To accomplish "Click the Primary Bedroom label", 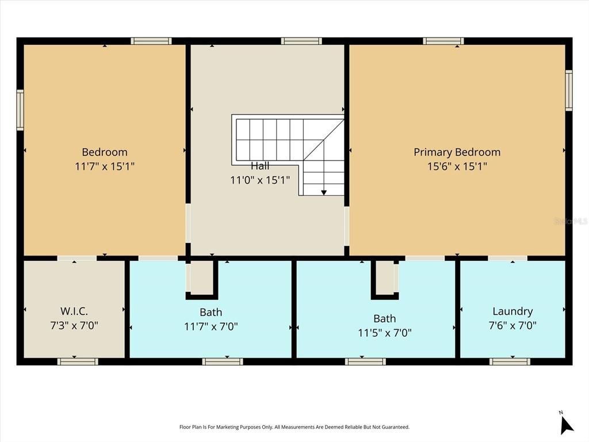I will (457, 152).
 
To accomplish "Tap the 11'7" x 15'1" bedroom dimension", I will (105, 166).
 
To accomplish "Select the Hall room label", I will (260, 166).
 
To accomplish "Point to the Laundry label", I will (512, 311).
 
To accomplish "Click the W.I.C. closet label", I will (74, 311).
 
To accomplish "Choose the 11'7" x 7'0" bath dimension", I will (211, 326).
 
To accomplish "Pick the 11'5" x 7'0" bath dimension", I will (384, 332).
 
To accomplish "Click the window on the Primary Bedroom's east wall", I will (568, 90).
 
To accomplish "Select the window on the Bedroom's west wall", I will (20, 109).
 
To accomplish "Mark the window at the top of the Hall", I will (301, 41).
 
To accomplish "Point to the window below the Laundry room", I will (510, 361).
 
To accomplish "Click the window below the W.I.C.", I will (78, 361).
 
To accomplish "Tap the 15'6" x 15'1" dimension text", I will (457, 166).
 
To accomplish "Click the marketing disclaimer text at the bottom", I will (294, 427).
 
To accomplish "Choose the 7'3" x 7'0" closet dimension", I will (74, 325).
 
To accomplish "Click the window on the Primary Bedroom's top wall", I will (443, 41).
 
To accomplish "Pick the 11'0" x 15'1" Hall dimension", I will (260, 180).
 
